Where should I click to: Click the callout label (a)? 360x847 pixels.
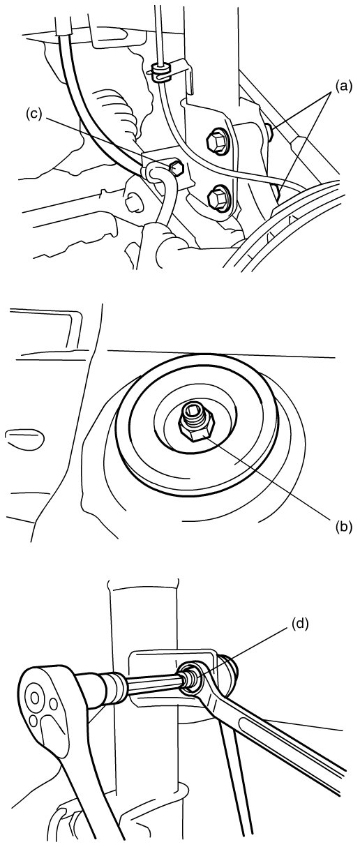(x=342, y=87)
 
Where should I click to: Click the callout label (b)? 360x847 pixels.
(x=342, y=526)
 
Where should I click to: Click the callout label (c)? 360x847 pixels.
(x=34, y=114)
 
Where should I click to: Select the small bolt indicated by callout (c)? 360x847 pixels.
(x=176, y=168)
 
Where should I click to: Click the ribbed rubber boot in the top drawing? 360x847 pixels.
(x=117, y=110)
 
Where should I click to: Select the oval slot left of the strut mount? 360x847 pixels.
(x=24, y=437)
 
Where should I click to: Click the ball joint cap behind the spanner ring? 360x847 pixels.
(x=230, y=673)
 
